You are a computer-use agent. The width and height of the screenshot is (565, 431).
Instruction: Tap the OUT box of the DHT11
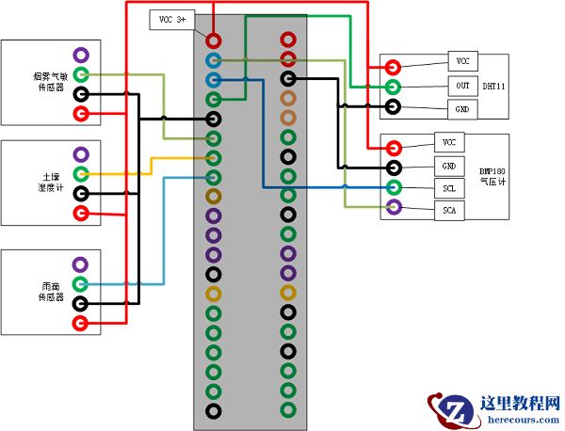pos(462,86)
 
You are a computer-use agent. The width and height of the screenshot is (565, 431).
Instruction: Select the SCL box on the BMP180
pos(448,188)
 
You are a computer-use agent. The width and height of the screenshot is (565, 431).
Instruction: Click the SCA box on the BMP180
pos(448,211)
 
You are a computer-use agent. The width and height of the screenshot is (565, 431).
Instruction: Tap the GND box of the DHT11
pos(462,109)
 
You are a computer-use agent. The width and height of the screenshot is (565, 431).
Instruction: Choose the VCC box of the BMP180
pos(448,142)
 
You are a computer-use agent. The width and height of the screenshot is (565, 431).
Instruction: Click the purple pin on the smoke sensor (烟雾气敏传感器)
pos(82,56)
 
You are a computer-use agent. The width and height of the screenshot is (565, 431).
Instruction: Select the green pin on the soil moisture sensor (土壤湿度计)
pos(82,174)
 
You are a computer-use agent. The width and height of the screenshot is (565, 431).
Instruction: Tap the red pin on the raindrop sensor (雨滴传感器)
pos(82,324)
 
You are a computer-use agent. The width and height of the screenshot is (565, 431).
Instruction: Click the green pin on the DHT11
pos(391,87)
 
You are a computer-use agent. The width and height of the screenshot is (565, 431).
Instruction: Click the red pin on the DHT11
pos(391,67)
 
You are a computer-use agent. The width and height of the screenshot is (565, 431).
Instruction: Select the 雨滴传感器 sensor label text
pos(49,290)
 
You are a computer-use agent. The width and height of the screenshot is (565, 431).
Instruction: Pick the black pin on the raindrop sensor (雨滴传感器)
pos(82,304)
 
